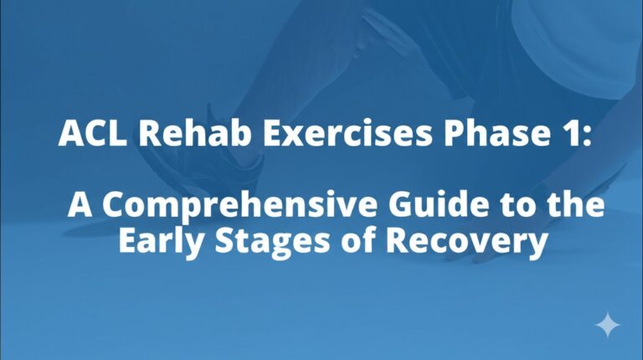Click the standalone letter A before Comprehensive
[x=80, y=205]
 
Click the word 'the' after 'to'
[x=575, y=205]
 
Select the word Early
[x=157, y=243]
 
